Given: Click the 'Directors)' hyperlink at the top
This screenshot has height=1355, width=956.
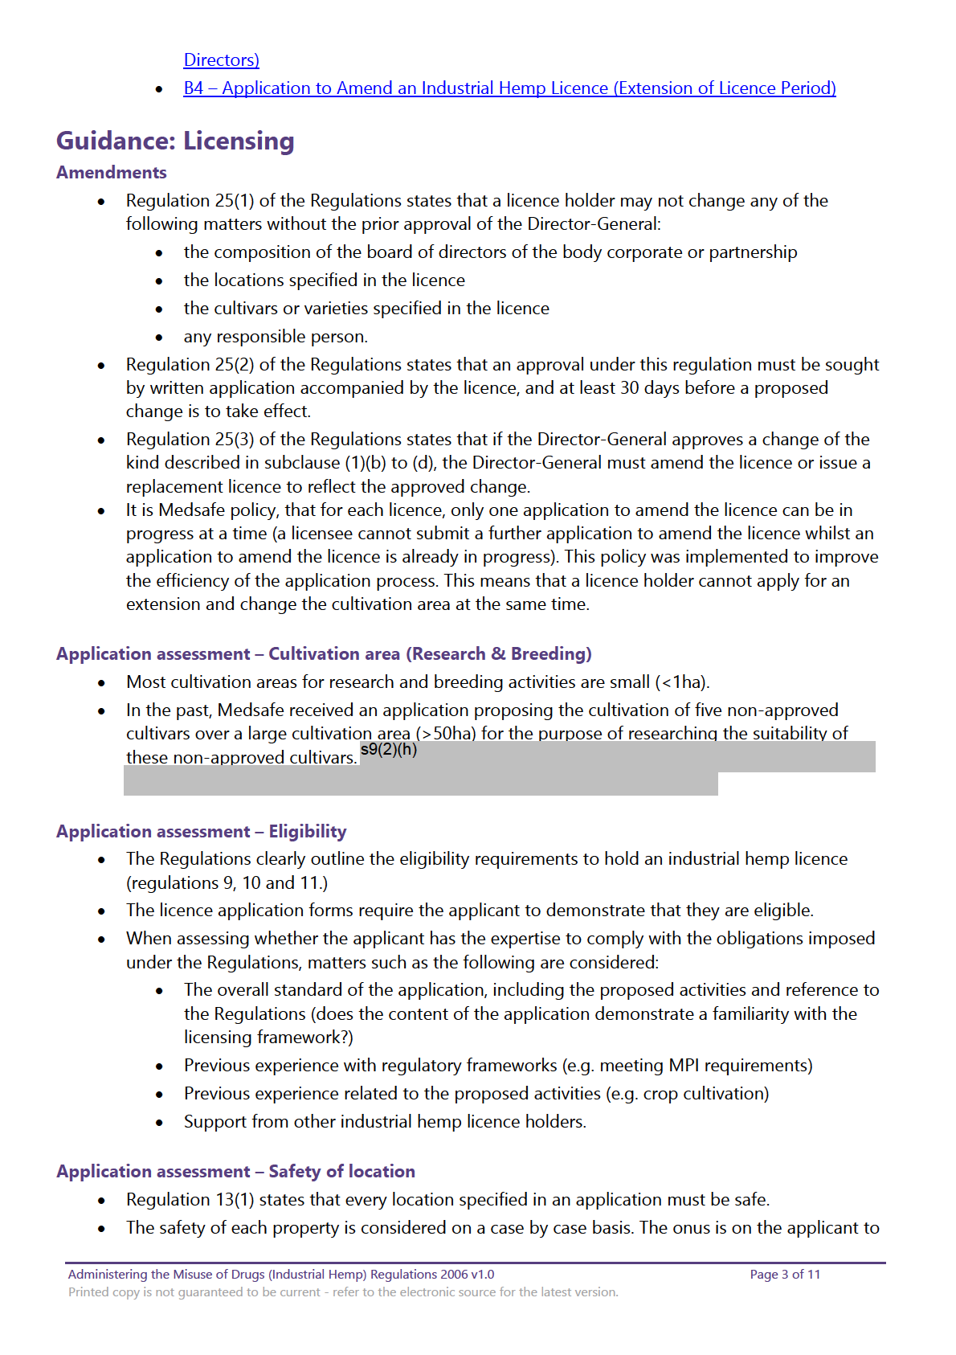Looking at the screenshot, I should coord(221,60).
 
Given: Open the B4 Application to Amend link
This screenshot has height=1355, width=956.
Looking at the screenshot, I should coord(509,88).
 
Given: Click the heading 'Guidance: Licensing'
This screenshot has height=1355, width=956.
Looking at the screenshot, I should coord(175,141).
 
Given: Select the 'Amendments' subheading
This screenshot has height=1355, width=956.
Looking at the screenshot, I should coord(112,173).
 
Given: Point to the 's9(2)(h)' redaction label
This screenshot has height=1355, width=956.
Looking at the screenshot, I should coord(389,750).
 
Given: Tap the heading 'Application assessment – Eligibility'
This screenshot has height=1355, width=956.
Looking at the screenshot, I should coord(202,832).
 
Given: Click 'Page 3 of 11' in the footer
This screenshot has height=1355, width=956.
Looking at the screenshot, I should coord(785,1275).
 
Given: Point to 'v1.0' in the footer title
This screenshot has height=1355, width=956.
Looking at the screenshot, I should coord(482,1275).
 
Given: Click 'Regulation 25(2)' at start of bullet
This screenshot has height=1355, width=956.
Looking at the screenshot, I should coord(190,365).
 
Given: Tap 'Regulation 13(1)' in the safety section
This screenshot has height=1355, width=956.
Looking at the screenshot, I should coord(190,1200).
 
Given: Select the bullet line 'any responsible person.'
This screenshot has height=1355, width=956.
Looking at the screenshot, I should coord(276,337).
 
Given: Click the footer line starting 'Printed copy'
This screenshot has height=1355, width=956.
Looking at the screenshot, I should coord(343,1292).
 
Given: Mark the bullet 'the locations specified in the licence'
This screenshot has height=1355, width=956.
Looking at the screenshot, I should coord(324,280).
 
